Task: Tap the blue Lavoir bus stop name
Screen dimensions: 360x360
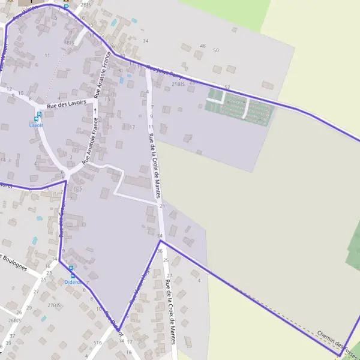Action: [x=37, y=125]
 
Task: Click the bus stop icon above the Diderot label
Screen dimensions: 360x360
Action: [x=71, y=269]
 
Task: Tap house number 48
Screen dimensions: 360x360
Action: [x=202, y=46]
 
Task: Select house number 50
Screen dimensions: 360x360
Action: [x=216, y=50]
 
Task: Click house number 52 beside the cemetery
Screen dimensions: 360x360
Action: [x=227, y=88]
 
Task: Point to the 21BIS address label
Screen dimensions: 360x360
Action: [x=178, y=85]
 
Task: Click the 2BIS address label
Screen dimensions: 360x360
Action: [x=86, y=5]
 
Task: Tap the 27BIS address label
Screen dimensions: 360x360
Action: [x=55, y=305]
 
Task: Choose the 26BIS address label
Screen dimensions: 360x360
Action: [x=14, y=320]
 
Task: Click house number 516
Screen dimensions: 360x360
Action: [x=98, y=341]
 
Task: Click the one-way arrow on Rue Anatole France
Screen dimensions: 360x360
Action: [x=95, y=110]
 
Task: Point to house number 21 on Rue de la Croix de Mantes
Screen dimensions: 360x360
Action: [x=162, y=206]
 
